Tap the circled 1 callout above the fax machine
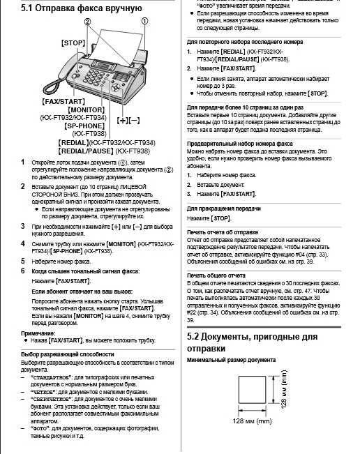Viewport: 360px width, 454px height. [x=145, y=21]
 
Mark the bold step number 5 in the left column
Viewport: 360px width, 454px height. [x=22, y=259]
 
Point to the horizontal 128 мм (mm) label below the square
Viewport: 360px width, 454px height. [x=252, y=422]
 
